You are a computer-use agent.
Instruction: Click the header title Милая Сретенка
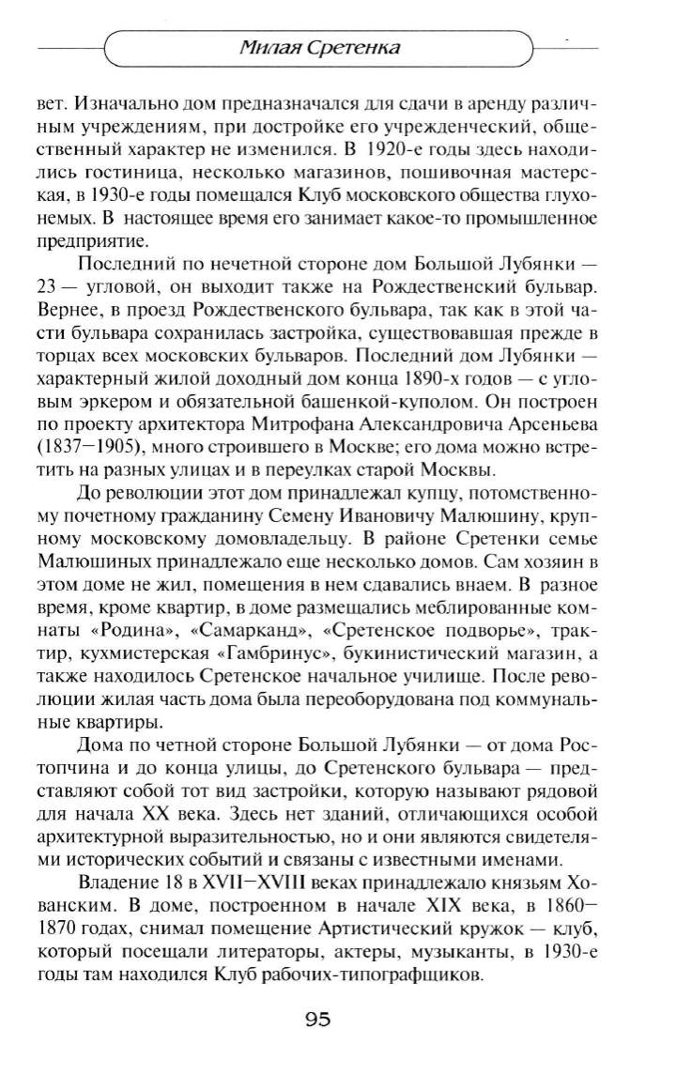point(316,48)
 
